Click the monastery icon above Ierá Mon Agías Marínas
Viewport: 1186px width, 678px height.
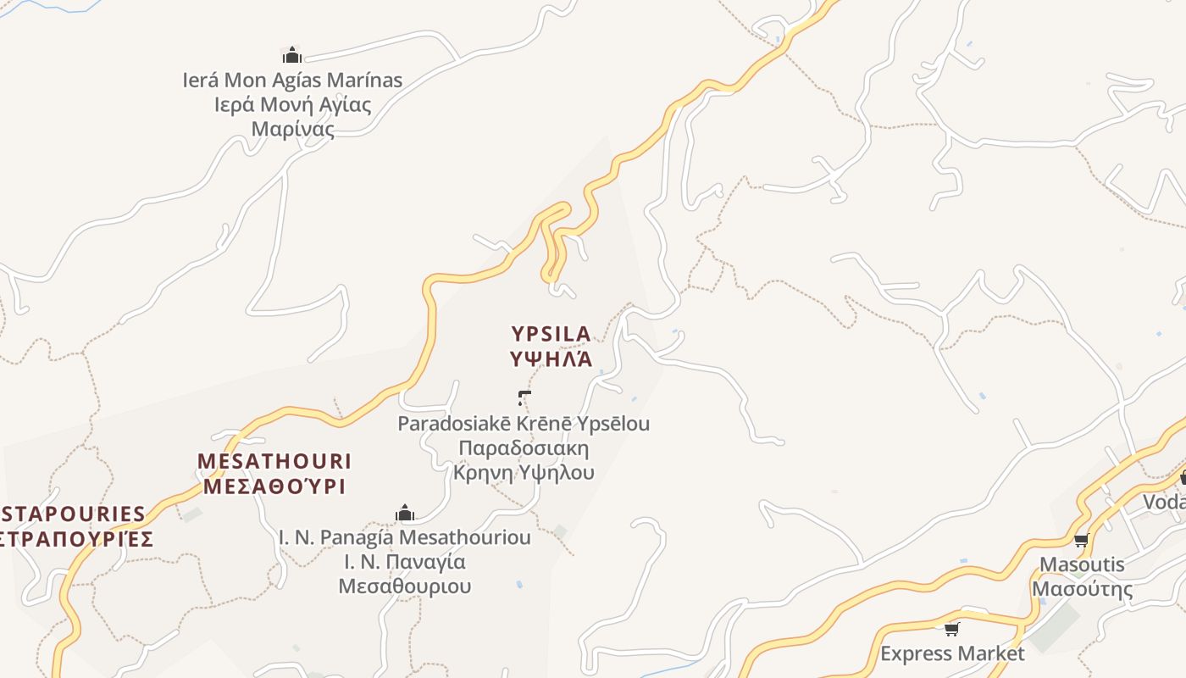(292, 56)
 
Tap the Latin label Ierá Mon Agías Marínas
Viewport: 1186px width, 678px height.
(292, 81)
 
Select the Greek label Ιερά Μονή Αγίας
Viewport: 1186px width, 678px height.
(292, 105)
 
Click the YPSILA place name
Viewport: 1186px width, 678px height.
(551, 334)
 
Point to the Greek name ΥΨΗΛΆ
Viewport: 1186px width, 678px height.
(551, 358)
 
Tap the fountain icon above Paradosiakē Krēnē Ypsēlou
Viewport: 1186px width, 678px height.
(524, 397)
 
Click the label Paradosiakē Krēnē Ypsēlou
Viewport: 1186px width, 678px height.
(524, 423)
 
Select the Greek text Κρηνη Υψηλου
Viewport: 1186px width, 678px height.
(524, 472)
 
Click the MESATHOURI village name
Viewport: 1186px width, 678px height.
(274, 462)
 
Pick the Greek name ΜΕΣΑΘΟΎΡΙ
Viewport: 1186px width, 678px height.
(274, 486)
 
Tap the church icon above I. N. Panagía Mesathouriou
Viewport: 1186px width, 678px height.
(405, 514)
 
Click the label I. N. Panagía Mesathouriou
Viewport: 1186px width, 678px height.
(405, 537)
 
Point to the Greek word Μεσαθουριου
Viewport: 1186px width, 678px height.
(405, 586)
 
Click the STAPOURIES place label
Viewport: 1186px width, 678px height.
(75, 514)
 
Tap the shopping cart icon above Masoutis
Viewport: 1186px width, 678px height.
(1081, 541)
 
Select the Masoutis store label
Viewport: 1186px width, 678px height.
(1082, 564)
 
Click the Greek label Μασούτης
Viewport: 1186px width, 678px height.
(1082, 588)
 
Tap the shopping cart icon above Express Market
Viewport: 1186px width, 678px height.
(951, 629)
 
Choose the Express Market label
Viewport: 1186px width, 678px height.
(952, 653)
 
